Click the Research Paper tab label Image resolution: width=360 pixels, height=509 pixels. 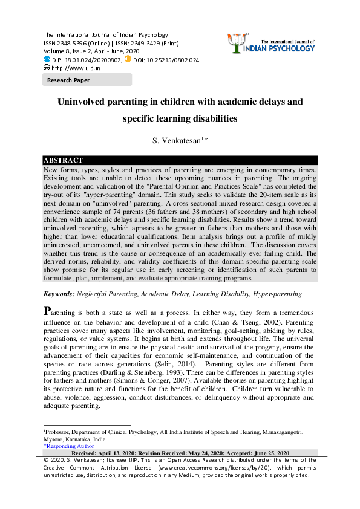click(x=68, y=80)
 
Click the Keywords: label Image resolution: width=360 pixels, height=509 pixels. click(x=58, y=294)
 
